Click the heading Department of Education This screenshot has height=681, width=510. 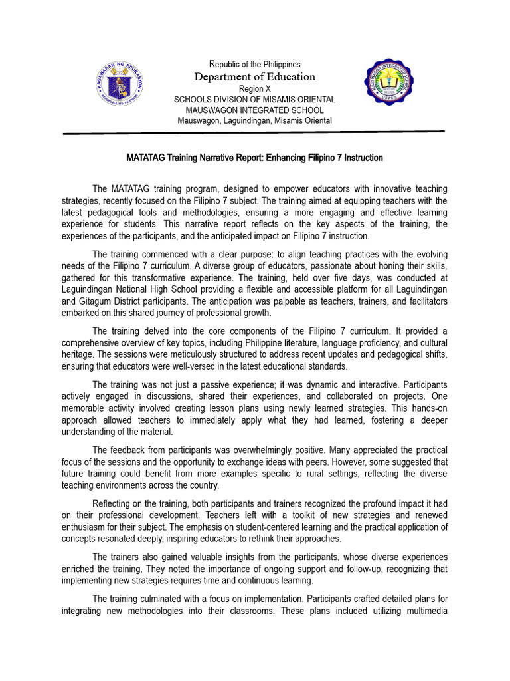[x=254, y=76]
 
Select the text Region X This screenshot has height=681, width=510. [x=254, y=88]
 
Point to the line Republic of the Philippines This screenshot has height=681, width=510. [x=254, y=65]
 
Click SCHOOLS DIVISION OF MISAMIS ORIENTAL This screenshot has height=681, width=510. [x=254, y=99]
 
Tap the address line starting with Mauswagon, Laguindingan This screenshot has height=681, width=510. [x=254, y=120]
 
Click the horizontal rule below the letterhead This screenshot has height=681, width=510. [x=254, y=133]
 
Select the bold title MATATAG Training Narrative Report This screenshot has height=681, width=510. [x=254, y=158]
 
